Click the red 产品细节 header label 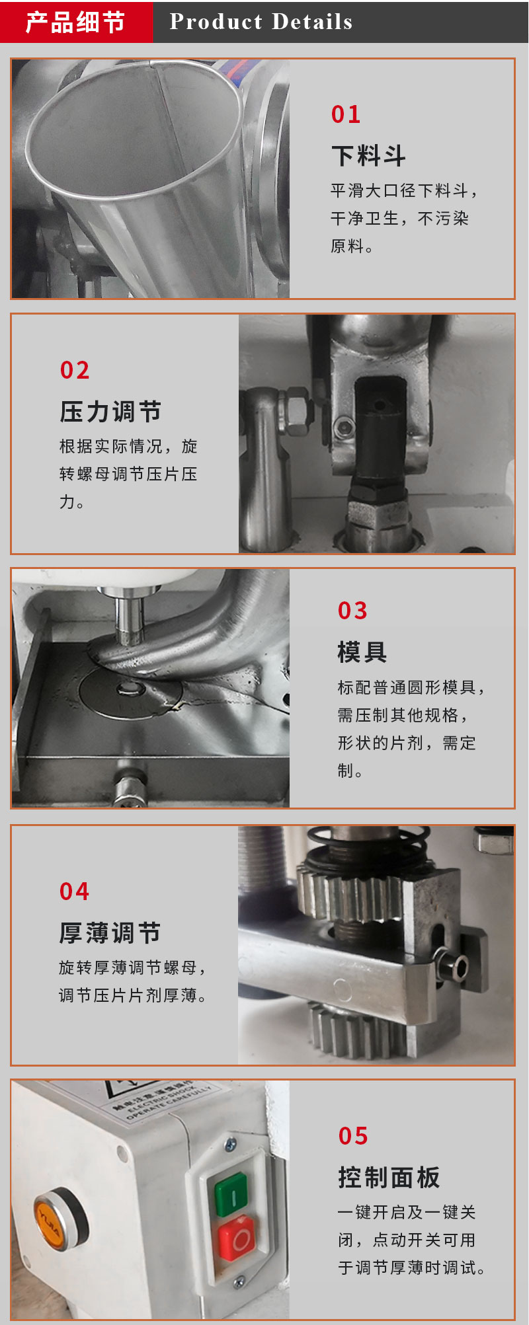(x=75, y=22)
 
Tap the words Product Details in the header (x=261, y=22)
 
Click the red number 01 (x=346, y=114)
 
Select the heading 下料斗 (x=368, y=156)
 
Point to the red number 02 (x=75, y=370)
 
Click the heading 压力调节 (x=110, y=412)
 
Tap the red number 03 (x=352, y=611)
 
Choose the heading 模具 (x=362, y=652)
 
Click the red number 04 (x=74, y=891)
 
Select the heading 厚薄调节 (x=110, y=933)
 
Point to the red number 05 (x=353, y=1136)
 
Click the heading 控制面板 (x=389, y=1178)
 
